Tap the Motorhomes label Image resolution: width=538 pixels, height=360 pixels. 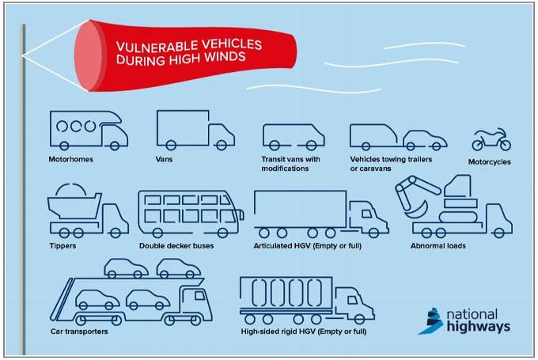(70, 160)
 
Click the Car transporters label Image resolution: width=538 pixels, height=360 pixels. (79, 330)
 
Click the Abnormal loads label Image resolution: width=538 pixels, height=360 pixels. (438, 245)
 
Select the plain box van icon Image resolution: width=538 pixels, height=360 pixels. (195, 130)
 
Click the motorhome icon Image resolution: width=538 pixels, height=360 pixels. (87, 128)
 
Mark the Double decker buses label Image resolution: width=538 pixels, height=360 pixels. (176, 245)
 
